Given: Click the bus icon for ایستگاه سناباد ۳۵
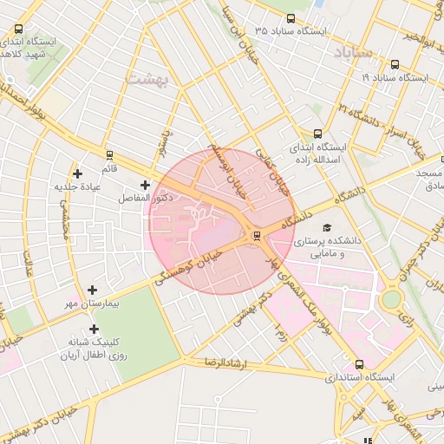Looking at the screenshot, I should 290,17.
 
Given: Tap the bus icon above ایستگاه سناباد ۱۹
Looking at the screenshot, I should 395,64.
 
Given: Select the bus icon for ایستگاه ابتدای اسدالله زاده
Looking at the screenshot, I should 317,134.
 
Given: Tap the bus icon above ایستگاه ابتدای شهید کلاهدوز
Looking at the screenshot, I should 19,29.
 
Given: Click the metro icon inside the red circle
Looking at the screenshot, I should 256,235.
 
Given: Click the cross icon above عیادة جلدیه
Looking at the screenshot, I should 79,173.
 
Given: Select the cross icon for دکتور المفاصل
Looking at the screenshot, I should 145,185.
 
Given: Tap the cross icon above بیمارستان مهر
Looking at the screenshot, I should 93,290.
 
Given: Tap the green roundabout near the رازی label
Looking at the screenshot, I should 392,300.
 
